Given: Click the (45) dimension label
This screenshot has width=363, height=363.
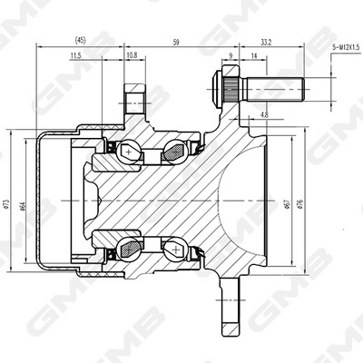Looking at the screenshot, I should tap(81, 41).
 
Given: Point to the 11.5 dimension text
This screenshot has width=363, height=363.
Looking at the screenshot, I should tap(74, 56).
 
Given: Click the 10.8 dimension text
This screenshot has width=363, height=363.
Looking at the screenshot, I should tap(132, 56).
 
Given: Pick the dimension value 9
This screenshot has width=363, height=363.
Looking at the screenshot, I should tap(231, 56).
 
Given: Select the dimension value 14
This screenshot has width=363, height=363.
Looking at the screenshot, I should tap(253, 56).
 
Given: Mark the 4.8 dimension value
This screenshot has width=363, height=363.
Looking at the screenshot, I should tap(262, 115).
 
